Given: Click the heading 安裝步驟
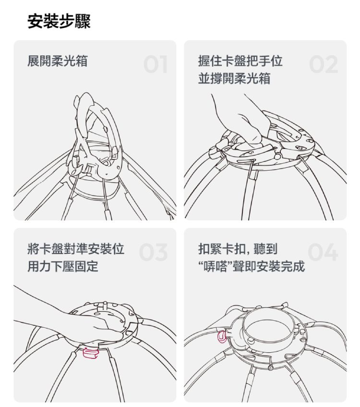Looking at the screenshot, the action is pos(59,21).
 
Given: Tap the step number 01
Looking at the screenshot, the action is pos(155,64).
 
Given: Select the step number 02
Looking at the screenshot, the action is pos(324,64).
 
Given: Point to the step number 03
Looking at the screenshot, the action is pos(153,252).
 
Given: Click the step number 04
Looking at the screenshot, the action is pos(323,252).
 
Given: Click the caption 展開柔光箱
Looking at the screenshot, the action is pos(58,61).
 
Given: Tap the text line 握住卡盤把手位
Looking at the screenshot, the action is pos(240,61).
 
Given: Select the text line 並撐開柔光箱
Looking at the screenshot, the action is pos(234,78).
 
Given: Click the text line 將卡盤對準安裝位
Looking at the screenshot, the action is pos(76,249).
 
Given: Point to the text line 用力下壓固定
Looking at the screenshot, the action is pos(63,266).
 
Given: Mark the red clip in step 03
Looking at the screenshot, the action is pos(91,353).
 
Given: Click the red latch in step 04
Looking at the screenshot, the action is pos(222,337).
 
